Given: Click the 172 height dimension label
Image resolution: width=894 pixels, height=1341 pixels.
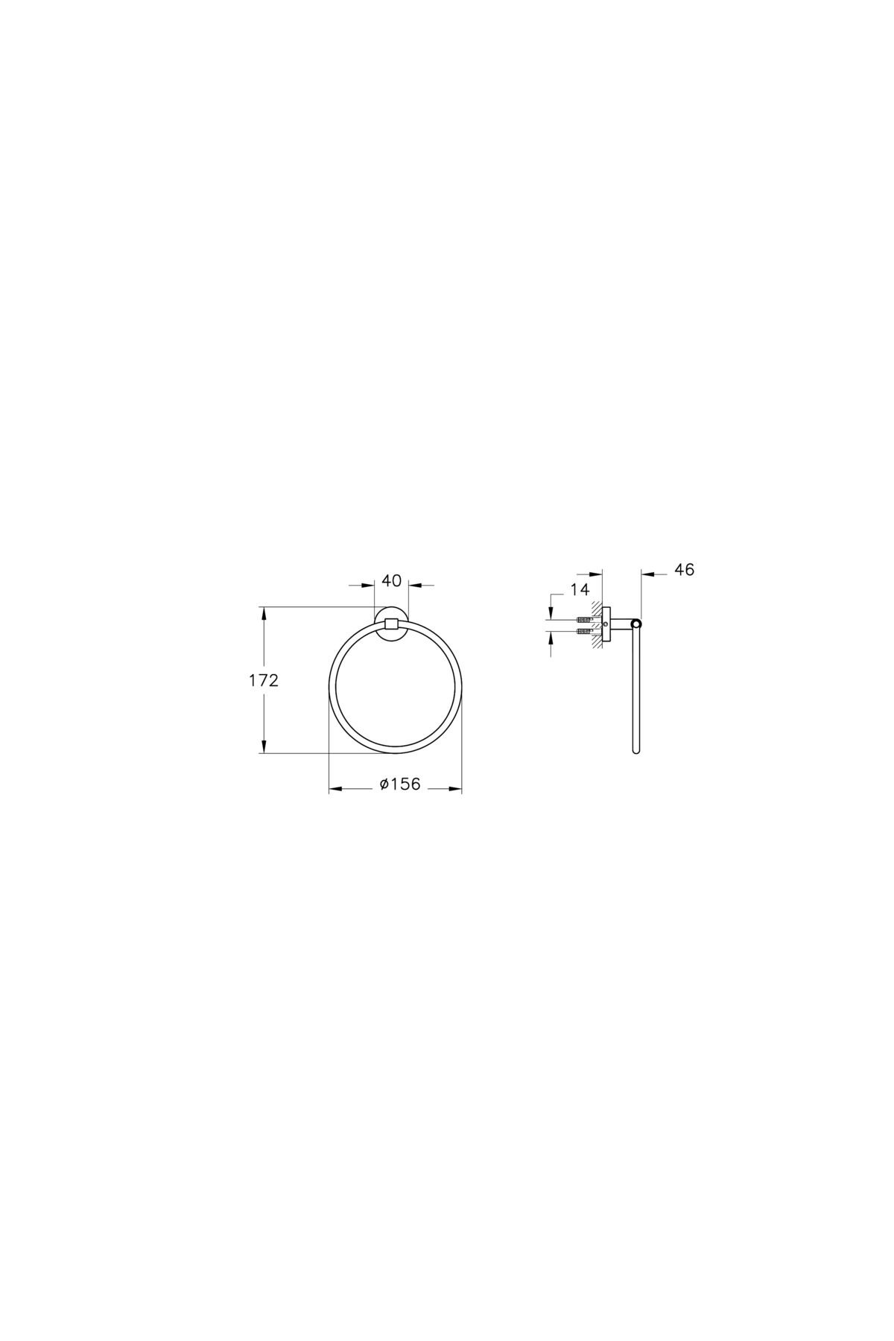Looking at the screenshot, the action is pyautogui.click(x=264, y=680).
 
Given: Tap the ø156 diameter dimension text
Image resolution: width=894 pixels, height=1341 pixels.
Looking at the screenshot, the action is pyautogui.click(x=399, y=784).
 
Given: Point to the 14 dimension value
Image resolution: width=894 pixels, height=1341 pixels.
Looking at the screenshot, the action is pyautogui.click(x=580, y=590).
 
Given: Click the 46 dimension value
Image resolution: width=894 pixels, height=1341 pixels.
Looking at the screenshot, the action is pyautogui.click(x=684, y=569).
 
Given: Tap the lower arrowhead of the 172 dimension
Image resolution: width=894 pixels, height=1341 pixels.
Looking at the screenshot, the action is pyautogui.click(x=263, y=746).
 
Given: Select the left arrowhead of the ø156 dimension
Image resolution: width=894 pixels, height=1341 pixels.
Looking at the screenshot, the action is pyautogui.click(x=336, y=787).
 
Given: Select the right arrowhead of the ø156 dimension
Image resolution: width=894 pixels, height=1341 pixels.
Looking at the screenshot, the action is pyautogui.click(x=455, y=787).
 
